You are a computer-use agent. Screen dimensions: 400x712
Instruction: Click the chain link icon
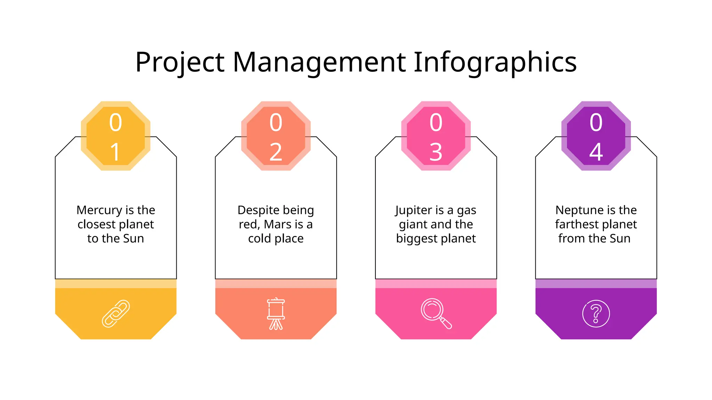116,314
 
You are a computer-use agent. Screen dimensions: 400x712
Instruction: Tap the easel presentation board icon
276,314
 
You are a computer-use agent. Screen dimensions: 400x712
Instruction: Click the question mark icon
596,314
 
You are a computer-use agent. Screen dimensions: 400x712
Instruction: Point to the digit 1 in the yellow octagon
115,152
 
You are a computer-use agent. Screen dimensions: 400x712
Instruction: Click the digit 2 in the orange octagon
276,152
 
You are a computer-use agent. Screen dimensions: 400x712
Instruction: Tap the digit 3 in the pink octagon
436,152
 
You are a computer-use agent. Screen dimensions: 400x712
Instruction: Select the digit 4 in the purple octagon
596,152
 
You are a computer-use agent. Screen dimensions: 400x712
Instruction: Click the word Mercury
99,210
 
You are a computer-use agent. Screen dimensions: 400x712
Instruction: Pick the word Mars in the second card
278,224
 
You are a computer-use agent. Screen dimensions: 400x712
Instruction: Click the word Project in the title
180,62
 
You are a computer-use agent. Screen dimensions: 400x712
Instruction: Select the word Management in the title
319,62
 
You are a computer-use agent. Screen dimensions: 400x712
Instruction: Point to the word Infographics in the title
495,62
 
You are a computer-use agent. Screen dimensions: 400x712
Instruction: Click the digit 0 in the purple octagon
596,123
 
